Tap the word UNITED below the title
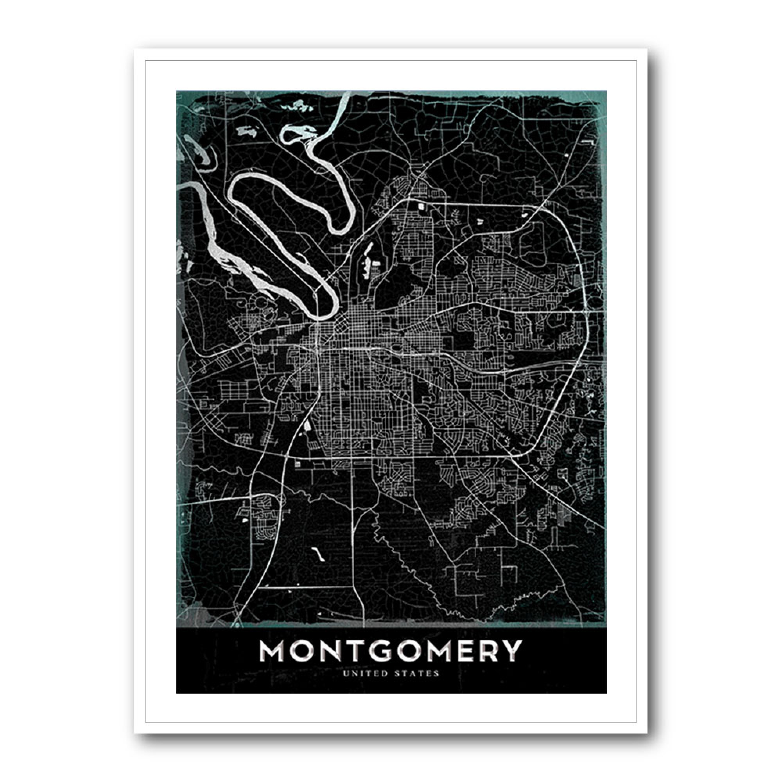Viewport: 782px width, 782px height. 368,674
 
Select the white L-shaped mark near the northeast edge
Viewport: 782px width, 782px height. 587,141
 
